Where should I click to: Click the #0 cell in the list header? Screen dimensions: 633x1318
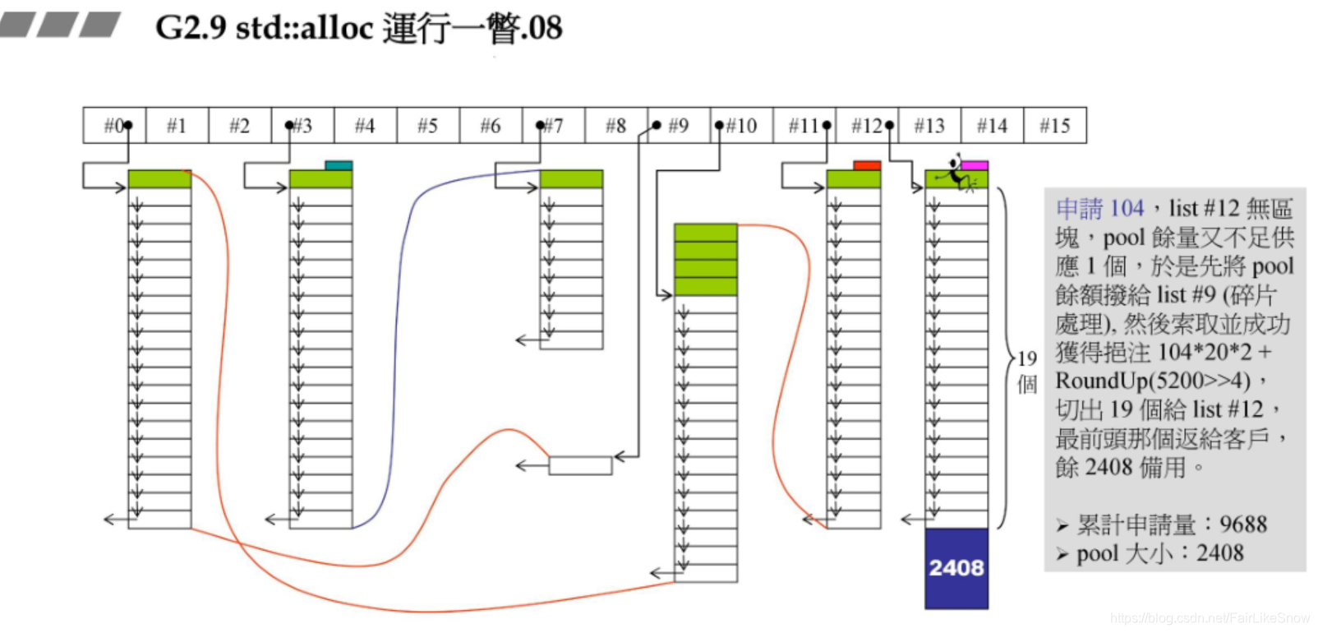pos(114,126)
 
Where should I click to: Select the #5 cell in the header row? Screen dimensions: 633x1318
pos(427,126)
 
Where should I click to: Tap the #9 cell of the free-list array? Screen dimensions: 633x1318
pos(679,126)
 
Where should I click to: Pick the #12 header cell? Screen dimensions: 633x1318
pos(867,126)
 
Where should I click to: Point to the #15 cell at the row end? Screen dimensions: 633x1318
pos(1055,126)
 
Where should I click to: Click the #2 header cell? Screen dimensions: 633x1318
pos(239,126)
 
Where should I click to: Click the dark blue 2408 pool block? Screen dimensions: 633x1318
pos(956,568)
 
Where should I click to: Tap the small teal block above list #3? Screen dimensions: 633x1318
pos(339,165)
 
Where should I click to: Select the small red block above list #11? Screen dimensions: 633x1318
pos(867,165)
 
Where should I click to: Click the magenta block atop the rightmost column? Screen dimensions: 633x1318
pos(975,165)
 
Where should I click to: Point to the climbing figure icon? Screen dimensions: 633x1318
pos(956,172)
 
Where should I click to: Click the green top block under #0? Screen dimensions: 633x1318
pos(159,178)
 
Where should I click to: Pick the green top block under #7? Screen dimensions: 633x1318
pos(571,178)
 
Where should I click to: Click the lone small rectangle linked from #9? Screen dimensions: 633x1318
pos(580,465)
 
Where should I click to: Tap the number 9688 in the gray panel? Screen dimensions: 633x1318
pos(1243,524)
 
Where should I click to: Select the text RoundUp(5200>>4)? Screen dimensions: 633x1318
pos(1153,381)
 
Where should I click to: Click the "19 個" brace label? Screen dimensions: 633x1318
pos(1027,372)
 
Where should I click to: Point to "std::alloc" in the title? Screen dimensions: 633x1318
pos(304,28)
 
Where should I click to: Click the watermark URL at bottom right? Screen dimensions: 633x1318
pos(1210,617)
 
